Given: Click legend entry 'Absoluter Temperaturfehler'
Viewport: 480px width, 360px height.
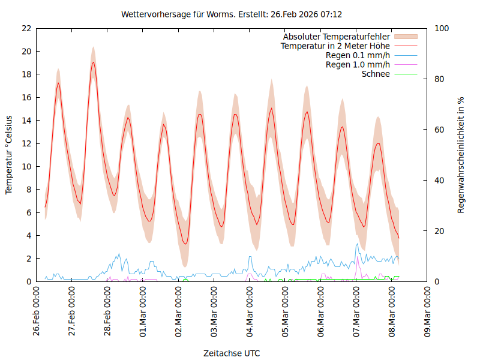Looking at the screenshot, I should (x=337, y=37).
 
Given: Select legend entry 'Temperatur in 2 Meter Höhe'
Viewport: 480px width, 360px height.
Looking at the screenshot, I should (x=335, y=46).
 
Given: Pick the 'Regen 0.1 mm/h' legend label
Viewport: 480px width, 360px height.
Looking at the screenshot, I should (x=358, y=55).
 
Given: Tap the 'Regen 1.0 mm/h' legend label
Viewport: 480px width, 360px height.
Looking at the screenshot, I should (x=358, y=65).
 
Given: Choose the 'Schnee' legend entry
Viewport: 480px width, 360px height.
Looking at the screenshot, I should (x=376, y=74).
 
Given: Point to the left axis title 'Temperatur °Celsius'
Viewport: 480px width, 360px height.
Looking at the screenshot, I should (x=9, y=155).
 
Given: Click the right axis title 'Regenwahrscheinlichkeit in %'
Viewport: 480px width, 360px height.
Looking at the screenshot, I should (x=461, y=155).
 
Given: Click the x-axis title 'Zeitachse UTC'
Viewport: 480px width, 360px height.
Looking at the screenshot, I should (x=232, y=353).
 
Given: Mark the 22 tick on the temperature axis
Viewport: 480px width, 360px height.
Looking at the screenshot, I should (x=26, y=28).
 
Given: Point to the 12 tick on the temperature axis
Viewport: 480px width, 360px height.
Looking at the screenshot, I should (x=26, y=143).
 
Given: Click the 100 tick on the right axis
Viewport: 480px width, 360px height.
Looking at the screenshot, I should (x=442, y=28).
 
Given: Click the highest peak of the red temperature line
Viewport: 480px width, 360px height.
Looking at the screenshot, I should (x=93, y=62).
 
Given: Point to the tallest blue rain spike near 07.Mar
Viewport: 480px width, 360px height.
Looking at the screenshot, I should (x=358, y=244).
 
